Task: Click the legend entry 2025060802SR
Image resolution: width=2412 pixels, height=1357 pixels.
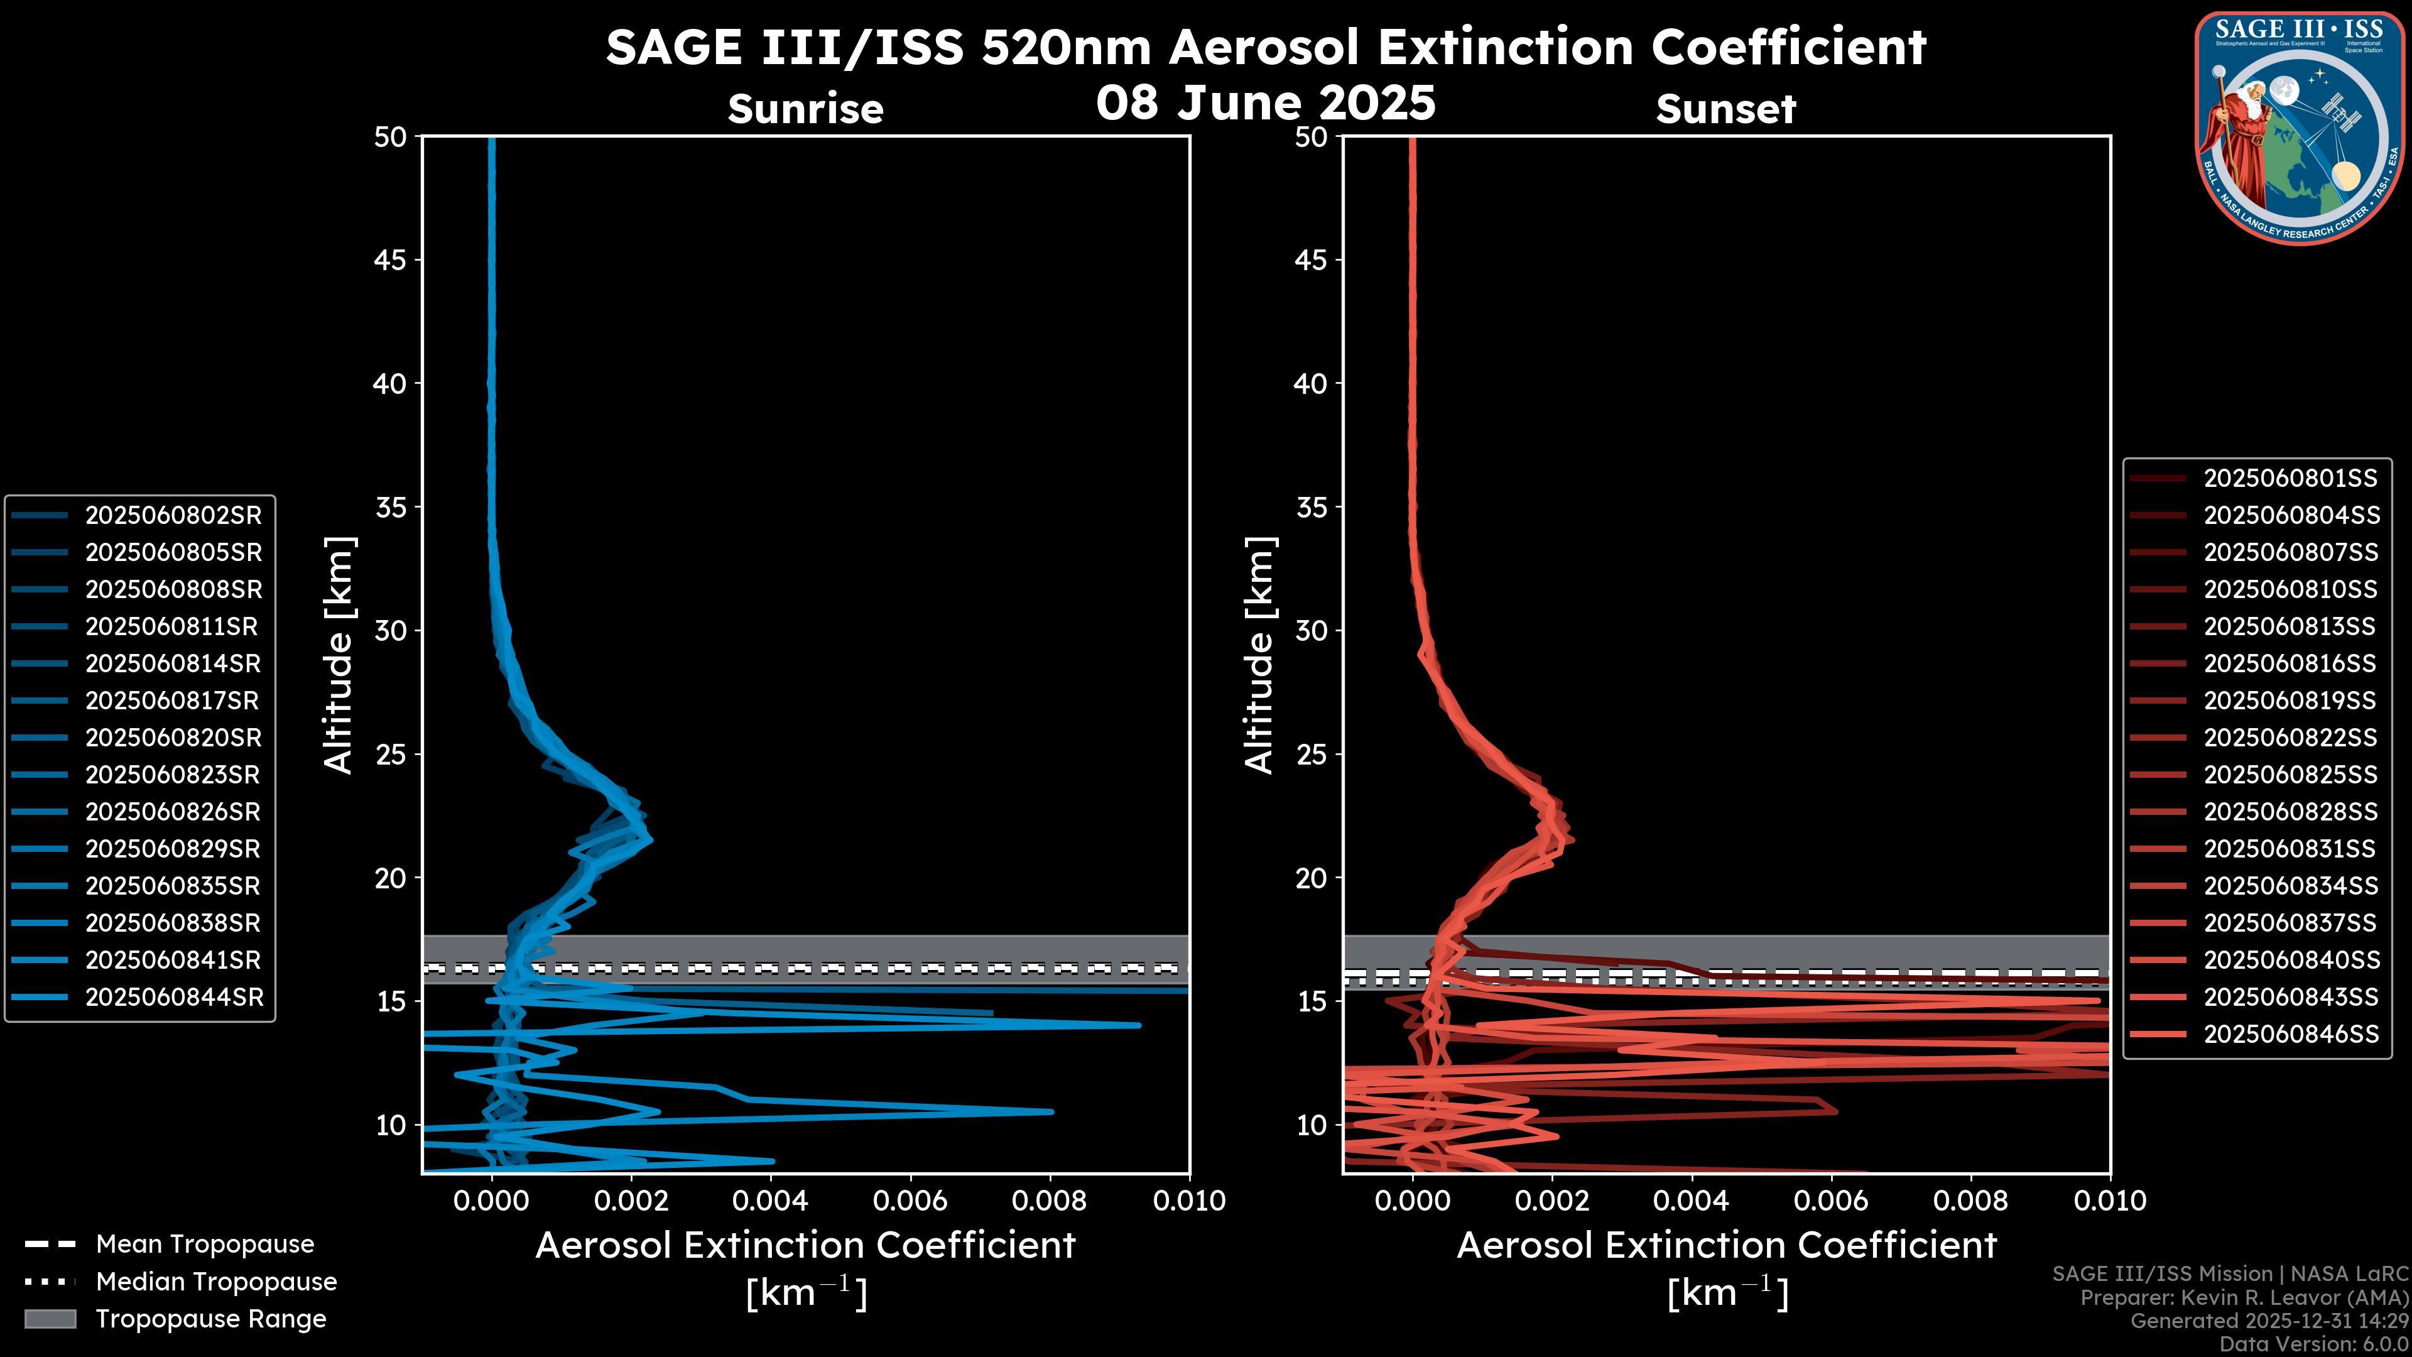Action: click(x=173, y=515)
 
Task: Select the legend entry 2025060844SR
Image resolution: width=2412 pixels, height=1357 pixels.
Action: click(x=173, y=998)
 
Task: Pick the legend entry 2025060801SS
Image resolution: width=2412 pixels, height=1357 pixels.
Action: click(x=2290, y=479)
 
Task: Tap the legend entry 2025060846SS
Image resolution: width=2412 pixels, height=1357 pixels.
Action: click(x=2290, y=1034)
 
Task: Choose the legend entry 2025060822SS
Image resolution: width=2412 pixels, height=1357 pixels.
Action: click(x=2290, y=738)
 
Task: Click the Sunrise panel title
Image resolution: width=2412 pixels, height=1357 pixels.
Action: click(x=805, y=109)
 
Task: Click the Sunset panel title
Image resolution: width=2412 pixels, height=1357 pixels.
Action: click(x=1725, y=109)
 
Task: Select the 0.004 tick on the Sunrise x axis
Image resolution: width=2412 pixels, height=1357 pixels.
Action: click(x=771, y=1201)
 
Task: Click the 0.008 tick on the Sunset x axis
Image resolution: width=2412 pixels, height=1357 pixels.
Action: click(x=1971, y=1201)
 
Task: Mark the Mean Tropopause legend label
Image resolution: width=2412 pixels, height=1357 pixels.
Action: click(x=205, y=1244)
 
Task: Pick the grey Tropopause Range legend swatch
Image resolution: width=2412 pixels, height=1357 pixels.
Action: click(x=50, y=1319)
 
